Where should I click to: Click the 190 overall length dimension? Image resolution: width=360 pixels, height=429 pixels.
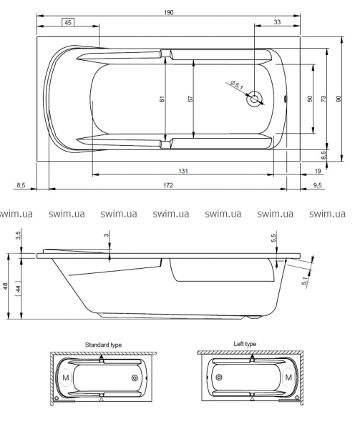(x=169, y=13)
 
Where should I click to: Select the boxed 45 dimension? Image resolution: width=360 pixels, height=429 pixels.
(x=68, y=22)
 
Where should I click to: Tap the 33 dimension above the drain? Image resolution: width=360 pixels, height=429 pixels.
(x=277, y=22)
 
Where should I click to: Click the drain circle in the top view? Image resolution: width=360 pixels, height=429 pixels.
(x=255, y=99)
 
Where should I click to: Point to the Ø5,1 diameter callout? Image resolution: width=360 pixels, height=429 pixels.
(x=237, y=85)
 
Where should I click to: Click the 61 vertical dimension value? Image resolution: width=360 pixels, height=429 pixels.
(x=162, y=99)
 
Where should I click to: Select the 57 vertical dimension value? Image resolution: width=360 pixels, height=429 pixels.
(x=190, y=99)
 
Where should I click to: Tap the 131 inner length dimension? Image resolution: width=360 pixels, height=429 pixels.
(x=183, y=171)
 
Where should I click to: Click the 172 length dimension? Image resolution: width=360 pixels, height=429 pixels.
(x=168, y=185)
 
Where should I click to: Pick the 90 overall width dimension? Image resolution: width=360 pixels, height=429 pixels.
(x=339, y=99)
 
